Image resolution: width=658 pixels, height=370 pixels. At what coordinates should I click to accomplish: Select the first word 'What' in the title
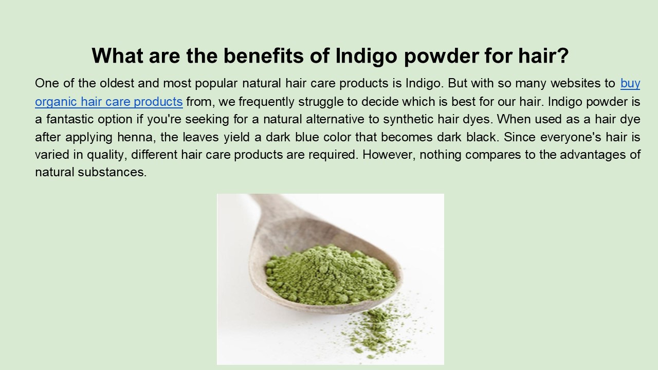click(118, 55)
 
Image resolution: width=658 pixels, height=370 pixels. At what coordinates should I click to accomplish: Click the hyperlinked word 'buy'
click(630, 83)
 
